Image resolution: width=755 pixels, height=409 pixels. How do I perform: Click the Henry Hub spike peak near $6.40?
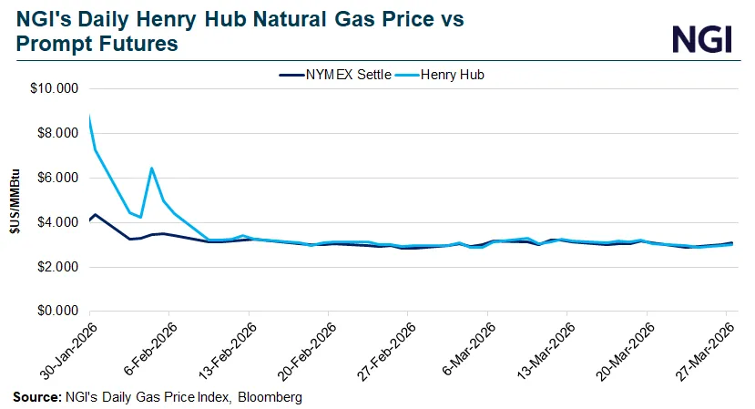(151, 168)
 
